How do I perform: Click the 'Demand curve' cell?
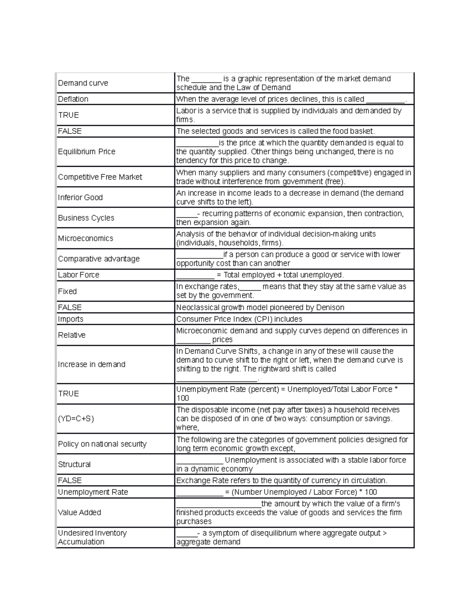pyautogui.click(x=83, y=83)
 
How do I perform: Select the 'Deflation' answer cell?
pyautogui.click(x=73, y=99)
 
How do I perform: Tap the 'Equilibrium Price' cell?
pyautogui.click(x=87, y=152)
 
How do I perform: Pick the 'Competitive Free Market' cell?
pyautogui.click(x=100, y=177)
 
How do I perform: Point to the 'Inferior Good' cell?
pyautogui.click(x=80, y=197)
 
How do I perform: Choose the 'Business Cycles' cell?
pyautogui.click(x=86, y=218)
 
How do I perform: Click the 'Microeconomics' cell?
pyautogui.click(x=85, y=238)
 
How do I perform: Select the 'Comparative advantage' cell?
pyautogui.click(x=99, y=259)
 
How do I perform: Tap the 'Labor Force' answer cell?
pyautogui.click(x=79, y=275)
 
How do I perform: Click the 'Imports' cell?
pyautogui.click(x=70, y=319)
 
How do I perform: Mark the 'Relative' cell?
pyautogui.click(x=72, y=335)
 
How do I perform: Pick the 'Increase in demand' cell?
pyautogui.click(x=92, y=364)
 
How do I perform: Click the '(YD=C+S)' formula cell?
pyautogui.click(x=76, y=419)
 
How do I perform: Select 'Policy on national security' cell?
pyautogui.click(x=102, y=444)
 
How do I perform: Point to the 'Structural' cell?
pyautogui.click(x=74, y=464)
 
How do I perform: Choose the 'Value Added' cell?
pyautogui.click(x=80, y=512)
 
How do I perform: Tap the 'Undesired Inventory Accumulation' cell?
pyautogui.click(x=92, y=537)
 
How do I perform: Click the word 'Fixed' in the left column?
pyautogui.click(x=67, y=291)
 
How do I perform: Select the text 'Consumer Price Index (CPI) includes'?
pyautogui.click(x=239, y=319)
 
